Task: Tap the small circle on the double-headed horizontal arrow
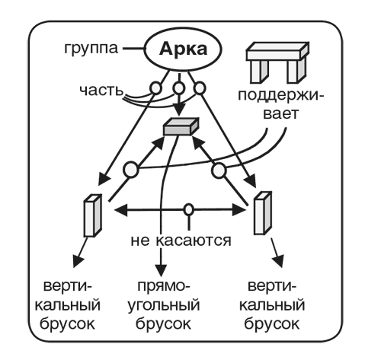189,208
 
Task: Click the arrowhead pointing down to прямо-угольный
161,270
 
